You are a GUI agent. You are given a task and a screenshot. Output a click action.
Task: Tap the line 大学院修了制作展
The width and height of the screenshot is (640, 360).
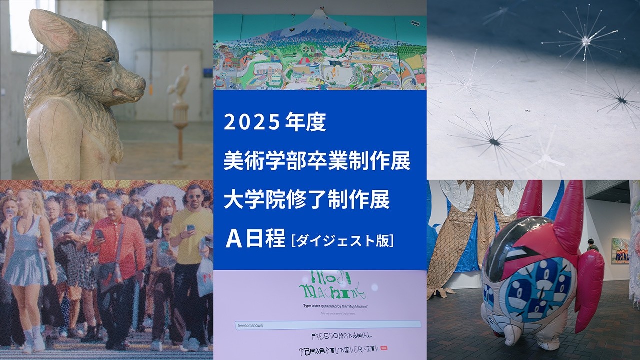click(307, 201)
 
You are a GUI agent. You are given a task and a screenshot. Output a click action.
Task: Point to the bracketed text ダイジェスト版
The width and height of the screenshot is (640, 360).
click(342, 240)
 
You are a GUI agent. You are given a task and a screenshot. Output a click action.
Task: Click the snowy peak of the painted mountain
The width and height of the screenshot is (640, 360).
click(320, 20)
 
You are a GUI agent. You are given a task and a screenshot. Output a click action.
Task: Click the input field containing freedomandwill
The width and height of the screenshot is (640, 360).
click(327, 324)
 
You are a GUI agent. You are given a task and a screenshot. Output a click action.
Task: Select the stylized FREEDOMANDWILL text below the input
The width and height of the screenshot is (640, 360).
click(341, 336)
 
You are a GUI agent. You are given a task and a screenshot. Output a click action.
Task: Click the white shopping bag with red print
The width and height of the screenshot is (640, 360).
click(205, 277)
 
